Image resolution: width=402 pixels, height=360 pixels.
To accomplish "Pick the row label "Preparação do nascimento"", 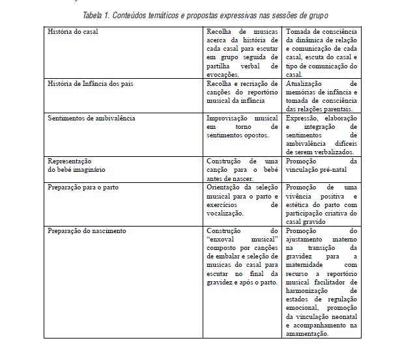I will [87, 230].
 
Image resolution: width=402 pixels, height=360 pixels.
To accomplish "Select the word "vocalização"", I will [225, 213].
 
